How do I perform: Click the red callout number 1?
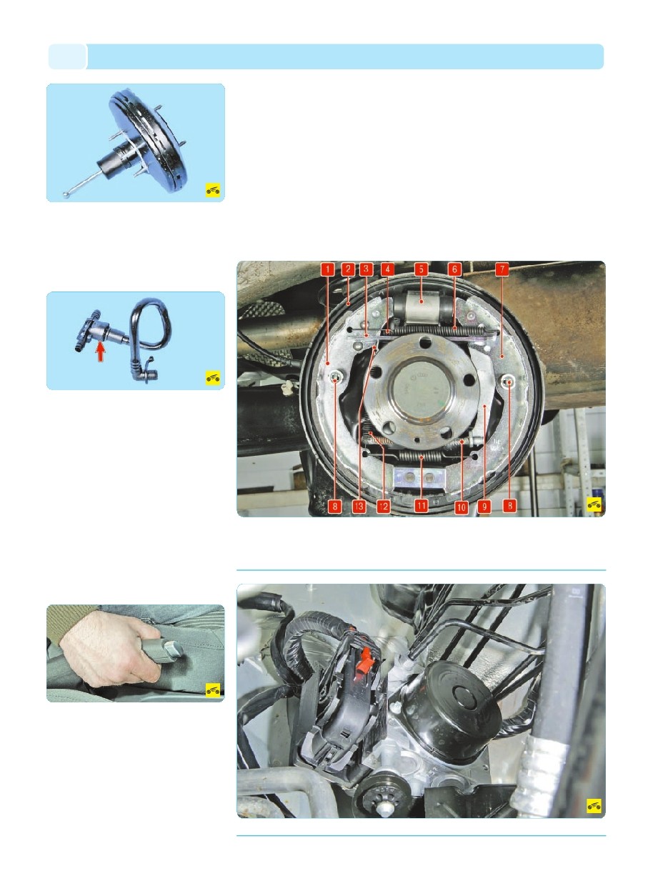coord(327,269)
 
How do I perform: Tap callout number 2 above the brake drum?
coord(348,269)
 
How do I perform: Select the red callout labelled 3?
coord(367,269)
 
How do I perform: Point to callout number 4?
coord(387,269)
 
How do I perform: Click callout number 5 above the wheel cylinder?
coord(421,269)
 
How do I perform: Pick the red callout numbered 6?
coord(454,269)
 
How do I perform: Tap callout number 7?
coord(502,269)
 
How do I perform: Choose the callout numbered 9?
coord(484,507)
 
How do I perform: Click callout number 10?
coord(462,507)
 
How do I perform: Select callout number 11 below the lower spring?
coord(421,506)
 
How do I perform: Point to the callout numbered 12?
coord(384,507)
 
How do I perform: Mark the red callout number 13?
coord(359,507)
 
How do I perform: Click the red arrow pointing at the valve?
coord(101,352)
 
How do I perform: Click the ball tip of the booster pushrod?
coord(66,195)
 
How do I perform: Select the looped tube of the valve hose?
coord(151,324)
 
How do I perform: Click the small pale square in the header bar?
coord(67,56)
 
